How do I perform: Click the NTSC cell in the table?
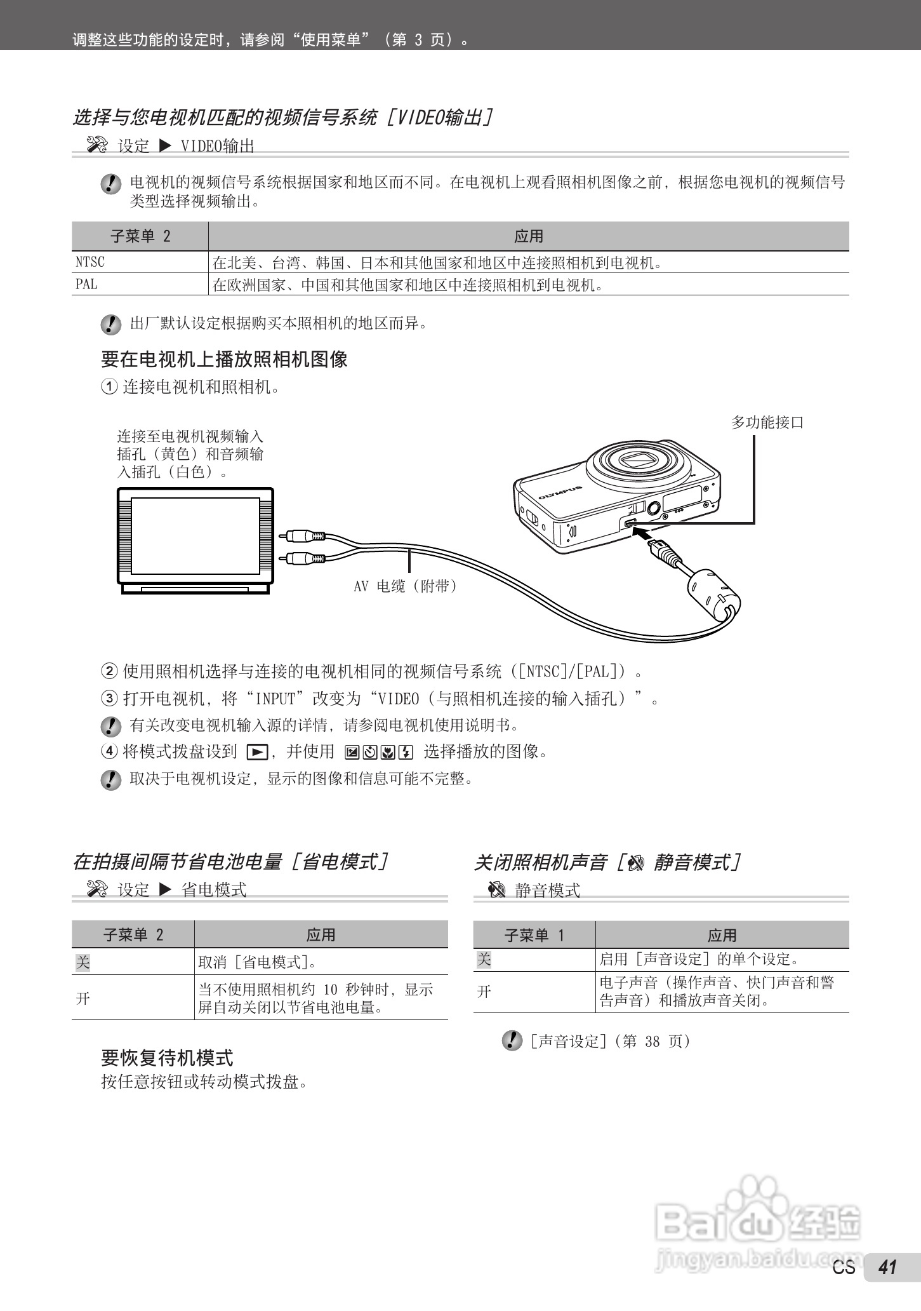pyautogui.click(x=90, y=262)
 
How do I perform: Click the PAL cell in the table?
pyautogui.click(x=87, y=285)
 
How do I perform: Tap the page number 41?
pyautogui.click(x=887, y=1285)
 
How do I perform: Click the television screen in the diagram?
pyautogui.click(x=195, y=535)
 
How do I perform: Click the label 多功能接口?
pyautogui.click(x=767, y=422)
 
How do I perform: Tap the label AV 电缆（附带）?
pyautogui.click(x=405, y=586)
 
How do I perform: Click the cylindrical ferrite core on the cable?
pyautogui.click(x=713, y=594)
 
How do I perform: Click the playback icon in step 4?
pyautogui.click(x=256, y=753)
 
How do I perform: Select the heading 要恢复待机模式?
pyautogui.click(x=167, y=1058)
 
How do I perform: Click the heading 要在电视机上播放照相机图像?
pyautogui.click(x=224, y=360)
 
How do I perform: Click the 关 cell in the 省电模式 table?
pyautogui.click(x=83, y=962)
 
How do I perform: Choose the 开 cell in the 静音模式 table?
pyautogui.click(x=484, y=992)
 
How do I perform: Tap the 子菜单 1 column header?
pyautogui.click(x=534, y=935)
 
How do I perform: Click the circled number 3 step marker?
pyautogui.click(x=109, y=699)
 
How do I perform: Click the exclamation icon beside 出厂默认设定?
pyautogui.click(x=110, y=325)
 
